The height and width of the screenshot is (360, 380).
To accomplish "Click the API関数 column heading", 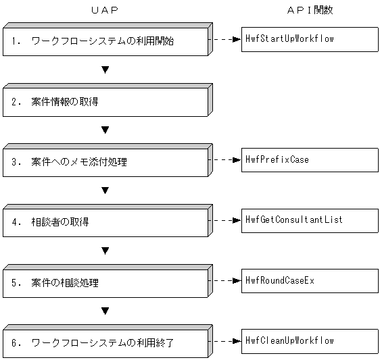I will pos(309,10).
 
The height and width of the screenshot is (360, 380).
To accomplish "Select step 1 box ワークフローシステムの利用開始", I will pos(104,42).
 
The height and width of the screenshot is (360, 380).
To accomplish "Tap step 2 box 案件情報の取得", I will pos(104,102).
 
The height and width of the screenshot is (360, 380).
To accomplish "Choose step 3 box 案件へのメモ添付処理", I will pos(104,162).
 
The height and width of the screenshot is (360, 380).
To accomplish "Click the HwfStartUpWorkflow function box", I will pos(309,39).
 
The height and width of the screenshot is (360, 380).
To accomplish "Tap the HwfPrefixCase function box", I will pos(309,160).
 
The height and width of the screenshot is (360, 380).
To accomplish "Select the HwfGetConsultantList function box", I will pos(309,220).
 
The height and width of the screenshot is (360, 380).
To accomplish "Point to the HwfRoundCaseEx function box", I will pos(309,280).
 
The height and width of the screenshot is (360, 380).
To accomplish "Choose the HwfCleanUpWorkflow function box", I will pos(309,340).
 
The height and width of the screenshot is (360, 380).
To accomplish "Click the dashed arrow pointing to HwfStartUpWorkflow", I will pos(225,39).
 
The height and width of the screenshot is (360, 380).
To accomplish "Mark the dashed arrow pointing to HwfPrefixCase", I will pos(225,160).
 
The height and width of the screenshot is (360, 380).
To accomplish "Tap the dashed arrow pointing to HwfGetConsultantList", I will pos(225,220).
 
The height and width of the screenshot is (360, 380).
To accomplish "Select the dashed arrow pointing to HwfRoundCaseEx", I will pos(225,280).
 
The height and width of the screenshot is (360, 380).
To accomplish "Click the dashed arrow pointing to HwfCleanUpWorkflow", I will pos(225,340).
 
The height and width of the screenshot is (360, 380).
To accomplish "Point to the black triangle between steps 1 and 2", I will pos(105,70).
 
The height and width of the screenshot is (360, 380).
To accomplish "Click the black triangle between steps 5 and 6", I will pos(105,311).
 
